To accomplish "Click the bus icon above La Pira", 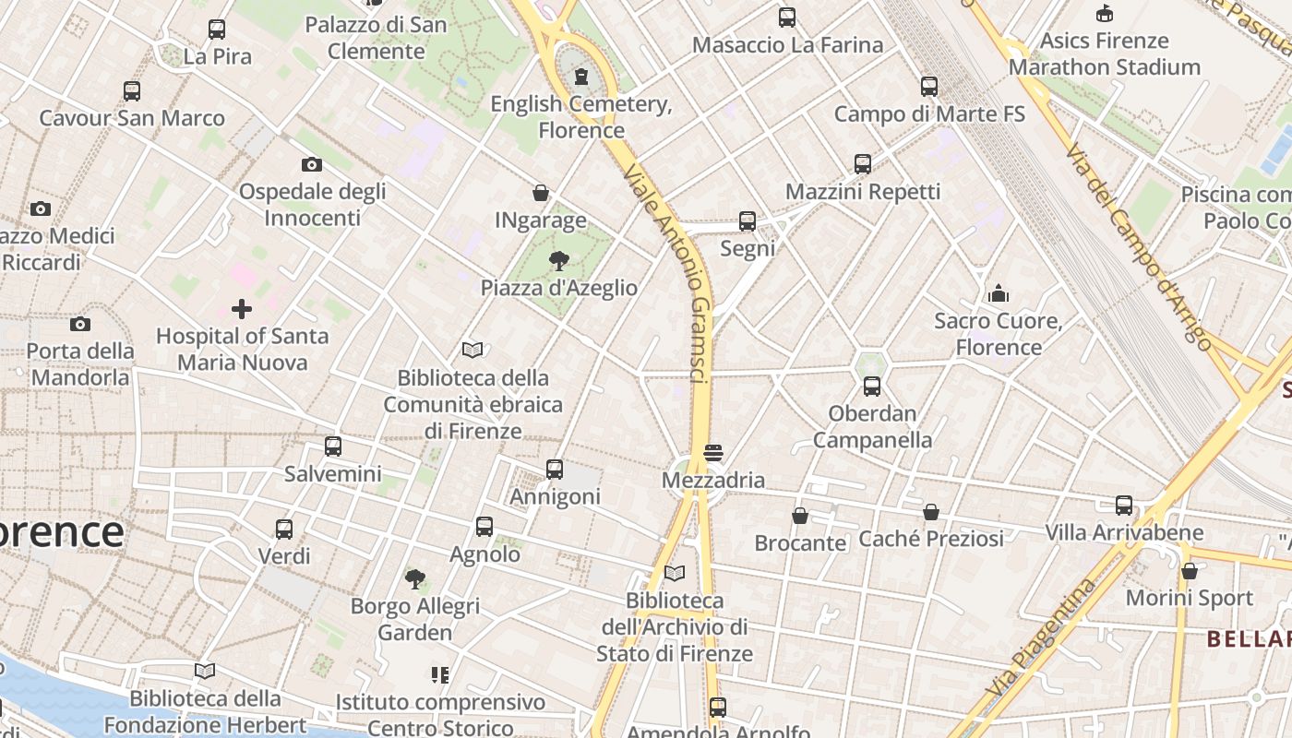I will coord(217,30).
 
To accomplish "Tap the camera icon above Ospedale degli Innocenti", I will coord(312,165).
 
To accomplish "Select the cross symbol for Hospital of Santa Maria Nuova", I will coord(242,309).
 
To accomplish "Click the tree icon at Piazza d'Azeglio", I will coord(558,260).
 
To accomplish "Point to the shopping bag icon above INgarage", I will coord(541,193).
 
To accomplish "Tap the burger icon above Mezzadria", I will coord(712,453).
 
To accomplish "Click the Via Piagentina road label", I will coord(1040,637).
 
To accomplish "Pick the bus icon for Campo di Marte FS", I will coord(929,87).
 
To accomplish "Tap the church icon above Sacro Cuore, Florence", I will coord(998,294).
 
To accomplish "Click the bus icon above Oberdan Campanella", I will coord(872,387).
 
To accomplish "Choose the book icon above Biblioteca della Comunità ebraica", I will coord(473,351).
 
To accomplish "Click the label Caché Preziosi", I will coord(931,539).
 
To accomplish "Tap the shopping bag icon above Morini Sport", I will coord(1190,571).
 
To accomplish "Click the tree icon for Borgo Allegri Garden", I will coord(415,579).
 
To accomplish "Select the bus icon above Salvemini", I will coord(333,446).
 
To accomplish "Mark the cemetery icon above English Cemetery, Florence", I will coord(581,77).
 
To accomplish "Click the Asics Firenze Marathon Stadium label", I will coord(1104,54).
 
